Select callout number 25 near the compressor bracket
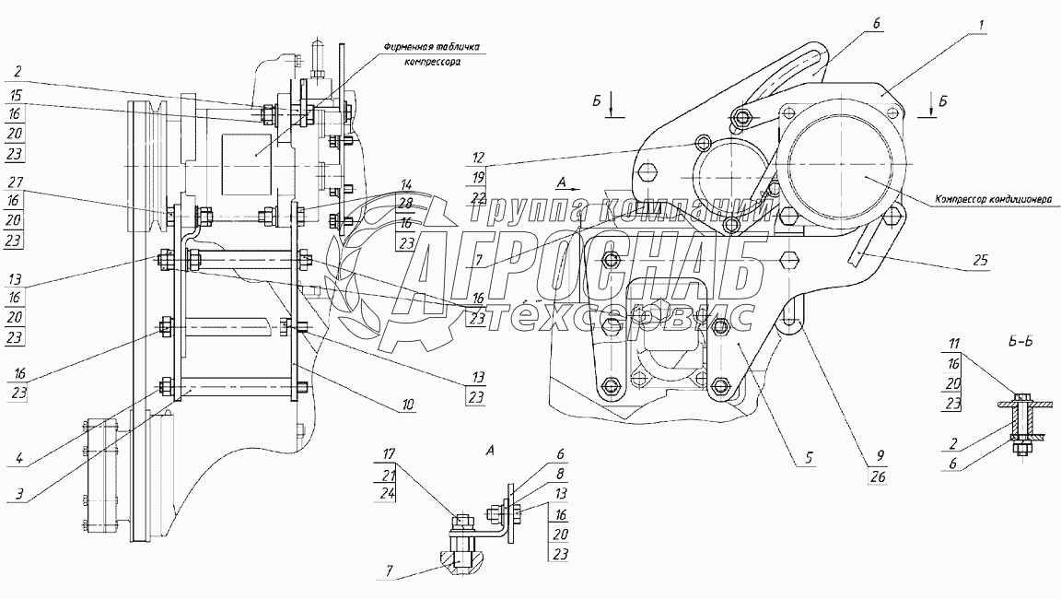coord(979,261)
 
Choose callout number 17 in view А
coord(389,452)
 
